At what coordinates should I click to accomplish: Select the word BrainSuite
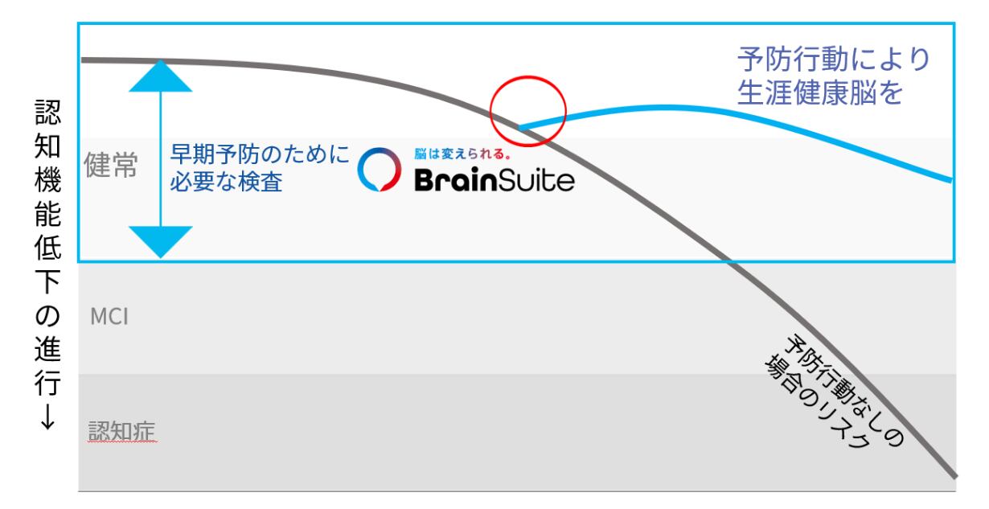494,182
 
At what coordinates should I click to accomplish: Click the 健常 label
111,166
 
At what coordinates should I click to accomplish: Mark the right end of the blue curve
951,180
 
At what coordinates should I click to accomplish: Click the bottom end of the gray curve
954,475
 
